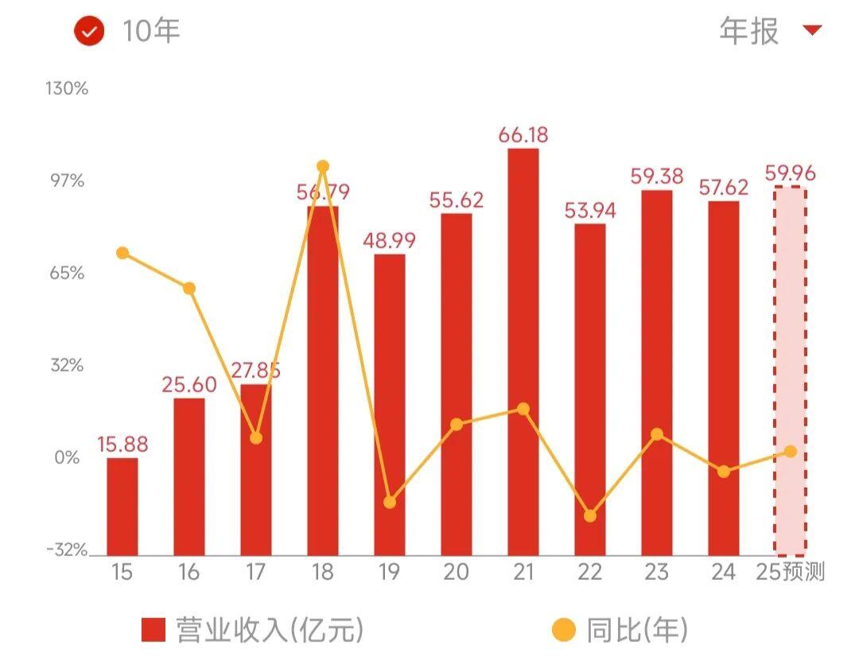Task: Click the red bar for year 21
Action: coord(523,350)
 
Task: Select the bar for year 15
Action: coord(122,506)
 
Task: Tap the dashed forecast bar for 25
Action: coord(791,370)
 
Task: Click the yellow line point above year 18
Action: coord(323,166)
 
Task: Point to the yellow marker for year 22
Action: coord(590,515)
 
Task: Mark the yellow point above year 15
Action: coord(122,253)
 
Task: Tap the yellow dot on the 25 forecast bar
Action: coord(791,451)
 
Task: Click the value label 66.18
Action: coord(523,134)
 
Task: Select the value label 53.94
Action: coord(590,211)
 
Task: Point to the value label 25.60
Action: coord(189,385)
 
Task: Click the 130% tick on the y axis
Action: coord(67,88)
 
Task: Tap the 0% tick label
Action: coord(68,458)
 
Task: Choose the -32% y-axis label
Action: coord(67,550)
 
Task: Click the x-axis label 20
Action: coord(457,573)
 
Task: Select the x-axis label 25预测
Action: coord(791,573)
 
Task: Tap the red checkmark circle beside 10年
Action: coord(89,32)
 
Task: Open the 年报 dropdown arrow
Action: coord(811,31)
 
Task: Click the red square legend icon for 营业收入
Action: coord(153,630)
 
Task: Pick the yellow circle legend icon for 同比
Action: coord(563,631)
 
